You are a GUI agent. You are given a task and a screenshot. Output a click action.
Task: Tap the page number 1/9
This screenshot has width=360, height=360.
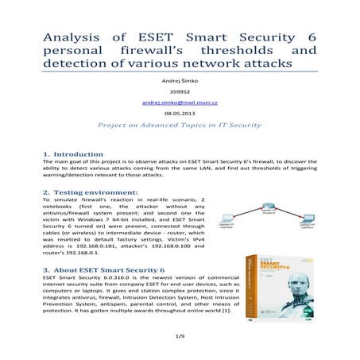coord(180,340)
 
